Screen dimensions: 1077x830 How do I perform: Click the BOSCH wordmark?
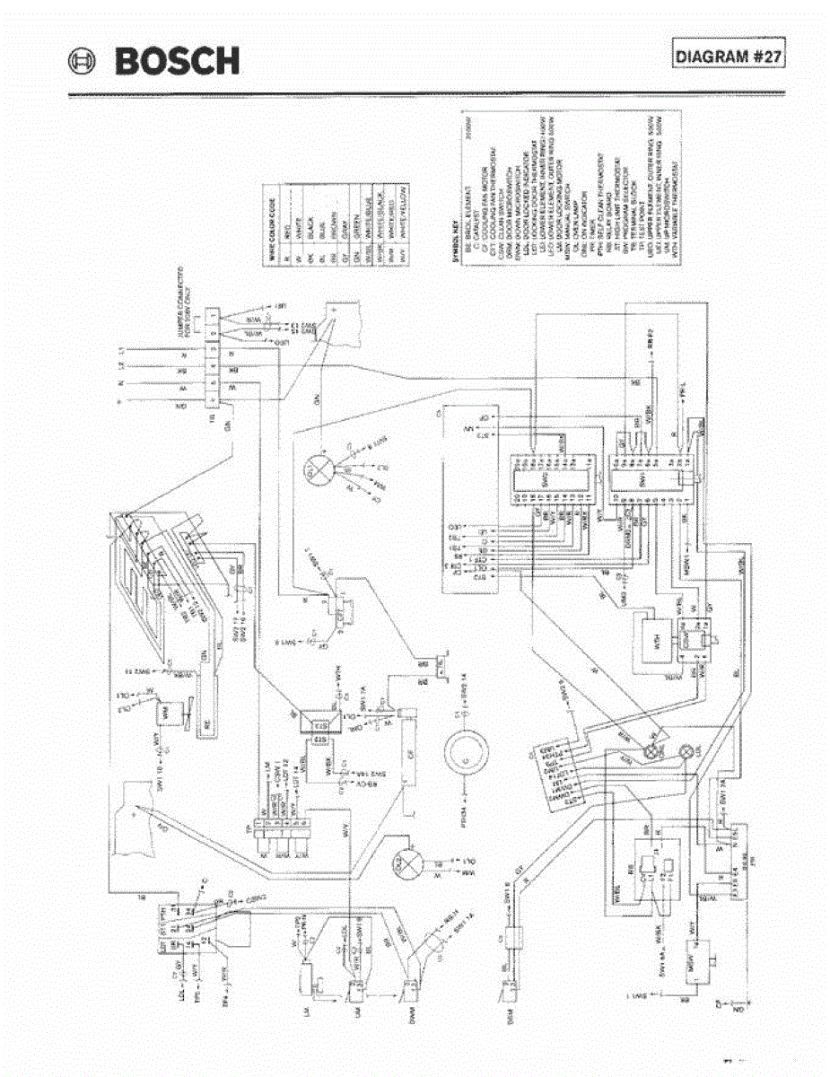pos(177,62)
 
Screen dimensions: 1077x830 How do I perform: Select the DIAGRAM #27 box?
pos(730,55)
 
